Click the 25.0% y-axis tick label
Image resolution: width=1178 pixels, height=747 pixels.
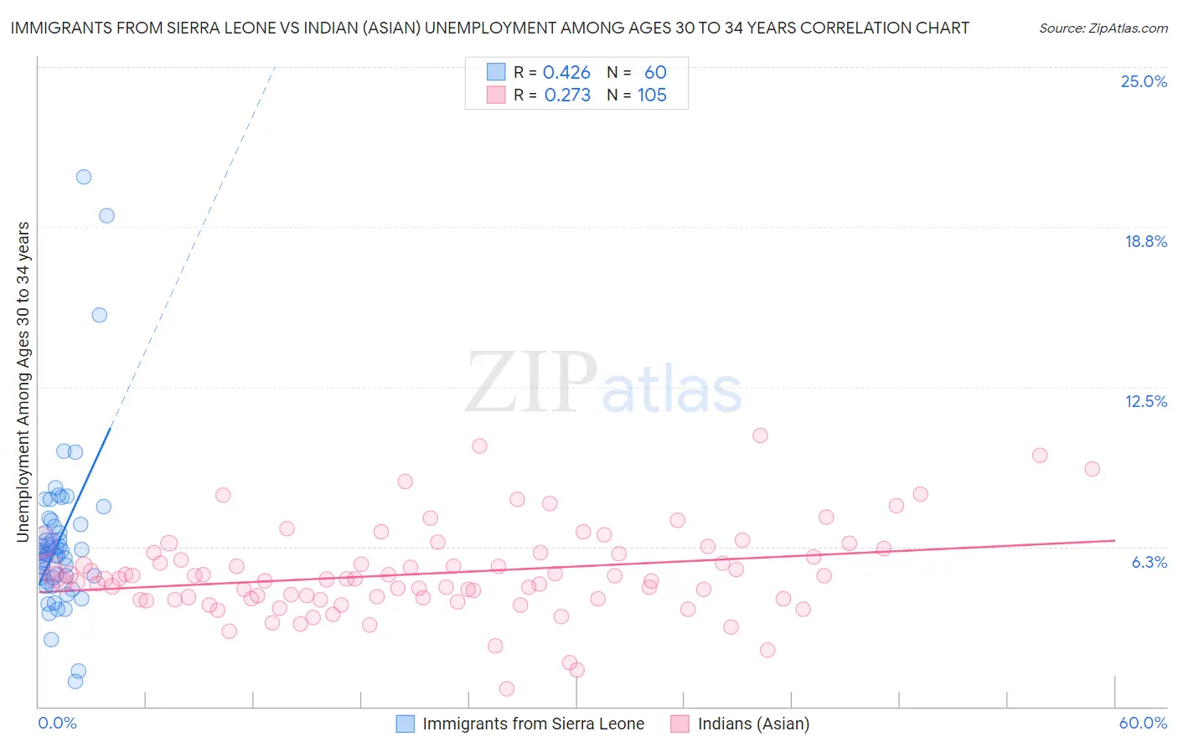(1144, 81)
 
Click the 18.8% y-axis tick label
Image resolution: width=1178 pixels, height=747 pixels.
(1145, 241)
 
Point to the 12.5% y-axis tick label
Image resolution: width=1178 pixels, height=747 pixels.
(1145, 401)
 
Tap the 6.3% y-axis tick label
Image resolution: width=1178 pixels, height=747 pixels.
(1149, 562)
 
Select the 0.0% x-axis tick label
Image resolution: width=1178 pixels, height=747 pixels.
(57, 723)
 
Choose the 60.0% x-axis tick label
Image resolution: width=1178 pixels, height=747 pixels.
(1143, 723)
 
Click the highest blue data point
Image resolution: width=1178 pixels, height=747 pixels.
(84, 177)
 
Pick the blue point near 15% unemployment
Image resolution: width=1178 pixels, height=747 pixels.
(99, 315)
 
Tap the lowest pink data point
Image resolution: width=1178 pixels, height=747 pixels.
(506, 688)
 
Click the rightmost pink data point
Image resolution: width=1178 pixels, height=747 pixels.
(1092, 469)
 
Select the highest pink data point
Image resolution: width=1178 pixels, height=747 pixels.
(760, 435)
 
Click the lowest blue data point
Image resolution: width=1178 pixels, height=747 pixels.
(75, 681)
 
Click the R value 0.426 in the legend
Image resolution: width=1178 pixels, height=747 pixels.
(566, 73)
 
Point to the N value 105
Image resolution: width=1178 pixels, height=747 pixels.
(652, 95)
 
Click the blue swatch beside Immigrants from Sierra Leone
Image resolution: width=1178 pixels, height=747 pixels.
(406, 724)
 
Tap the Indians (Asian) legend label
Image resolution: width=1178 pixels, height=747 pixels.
(753, 724)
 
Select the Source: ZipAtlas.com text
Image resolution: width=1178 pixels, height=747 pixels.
(1103, 28)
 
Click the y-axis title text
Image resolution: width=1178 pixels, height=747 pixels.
(23, 382)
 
